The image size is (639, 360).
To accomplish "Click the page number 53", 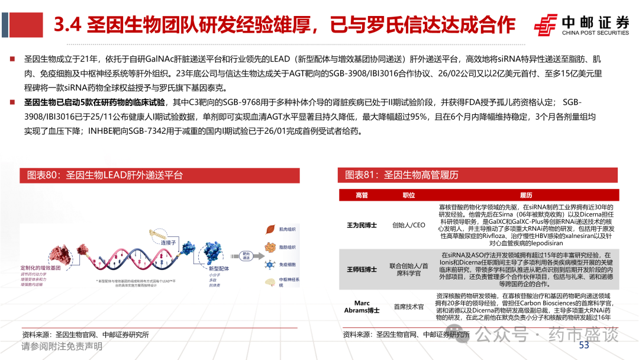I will [x=584, y=345].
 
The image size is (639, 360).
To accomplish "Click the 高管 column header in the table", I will [x=362, y=195].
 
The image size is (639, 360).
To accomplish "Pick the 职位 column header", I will [x=408, y=195].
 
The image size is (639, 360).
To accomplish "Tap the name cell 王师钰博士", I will [x=362, y=269].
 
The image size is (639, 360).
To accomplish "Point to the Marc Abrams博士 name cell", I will [x=362, y=307].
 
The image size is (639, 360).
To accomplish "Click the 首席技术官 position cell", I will [x=408, y=307].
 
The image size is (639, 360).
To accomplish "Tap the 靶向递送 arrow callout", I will [x=244, y=256].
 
